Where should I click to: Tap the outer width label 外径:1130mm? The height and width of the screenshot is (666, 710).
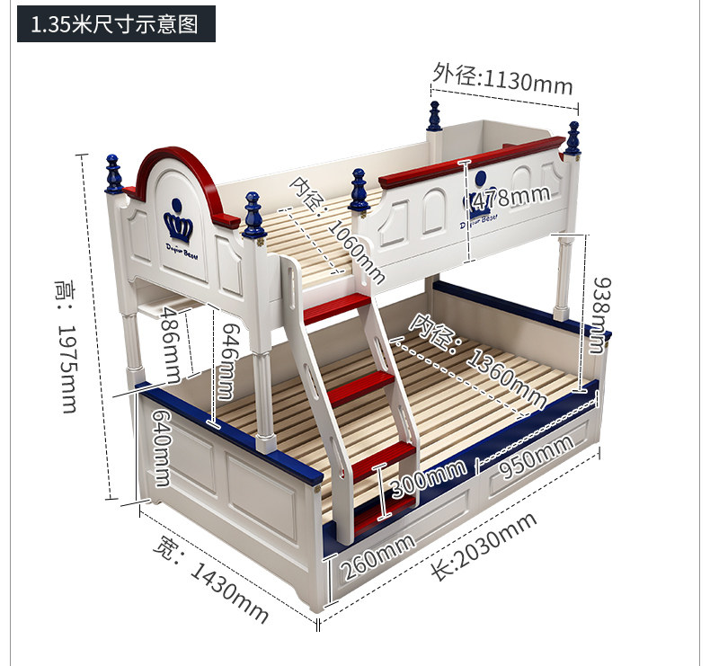pyautogui.click(x=501, y=79)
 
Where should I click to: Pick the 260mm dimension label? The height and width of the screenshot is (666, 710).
pyautogui.click(x=376, y=554)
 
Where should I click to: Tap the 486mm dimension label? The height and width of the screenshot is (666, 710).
pyautogui.click(x=171, y=342)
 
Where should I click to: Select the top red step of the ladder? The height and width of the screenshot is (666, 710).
pyautogui.click(x=336, y=309)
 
